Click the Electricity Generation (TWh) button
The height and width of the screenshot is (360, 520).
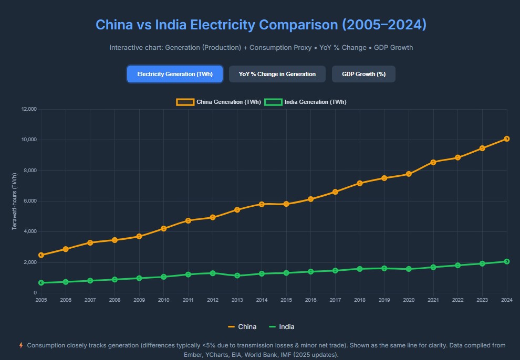(175, 74)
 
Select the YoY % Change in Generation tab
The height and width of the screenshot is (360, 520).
(277, 74)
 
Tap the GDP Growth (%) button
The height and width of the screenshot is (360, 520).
(363, 74)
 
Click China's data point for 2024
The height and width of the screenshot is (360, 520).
(506, 139)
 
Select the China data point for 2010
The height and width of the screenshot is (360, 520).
(164, 228)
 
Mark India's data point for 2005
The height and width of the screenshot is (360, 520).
(41, 283)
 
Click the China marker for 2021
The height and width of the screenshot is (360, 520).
(433, 162)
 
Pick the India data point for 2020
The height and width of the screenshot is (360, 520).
(409, 269)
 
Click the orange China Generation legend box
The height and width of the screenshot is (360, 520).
(185, 102)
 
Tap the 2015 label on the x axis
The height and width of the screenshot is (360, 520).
(286, 300)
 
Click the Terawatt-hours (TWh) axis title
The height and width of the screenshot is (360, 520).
(15, 201)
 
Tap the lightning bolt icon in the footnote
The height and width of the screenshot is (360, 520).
(21, 345)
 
